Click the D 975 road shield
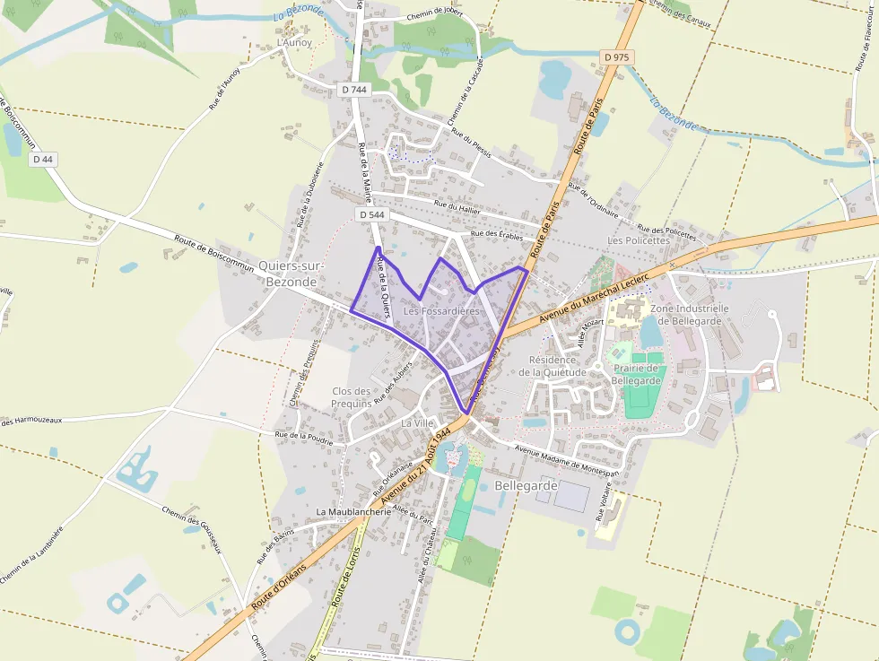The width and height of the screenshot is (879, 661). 616,57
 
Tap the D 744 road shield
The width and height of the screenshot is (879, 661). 354,90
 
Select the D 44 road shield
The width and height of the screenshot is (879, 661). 42,160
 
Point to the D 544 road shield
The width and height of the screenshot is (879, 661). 371,215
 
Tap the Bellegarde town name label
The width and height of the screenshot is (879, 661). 526,485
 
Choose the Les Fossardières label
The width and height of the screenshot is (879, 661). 441,311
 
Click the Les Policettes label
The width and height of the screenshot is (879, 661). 638,240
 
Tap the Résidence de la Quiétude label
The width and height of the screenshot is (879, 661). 552,366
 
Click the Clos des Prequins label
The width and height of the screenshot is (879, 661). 352,397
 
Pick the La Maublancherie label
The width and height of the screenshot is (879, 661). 353,511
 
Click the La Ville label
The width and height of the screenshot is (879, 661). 417,422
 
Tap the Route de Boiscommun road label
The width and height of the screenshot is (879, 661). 215,252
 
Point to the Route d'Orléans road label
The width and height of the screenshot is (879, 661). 279,588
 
